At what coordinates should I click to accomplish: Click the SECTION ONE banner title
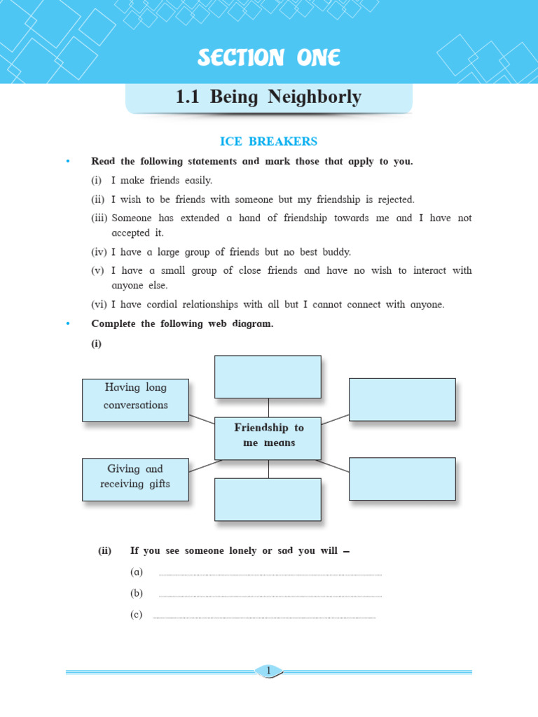pyautogui.click(x=268, y=59)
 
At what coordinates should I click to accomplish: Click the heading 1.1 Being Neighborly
pyautogui.click(x=268, y=97)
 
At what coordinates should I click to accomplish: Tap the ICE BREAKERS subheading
pyautogui.click(x=268, y=141)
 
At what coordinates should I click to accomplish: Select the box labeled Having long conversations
pyautogui.click(x=135, y=400)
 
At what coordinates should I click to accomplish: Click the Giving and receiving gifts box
pyautogui.click(x=135, y=480)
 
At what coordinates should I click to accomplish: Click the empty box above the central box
pyautogui.click(x=268, y=377)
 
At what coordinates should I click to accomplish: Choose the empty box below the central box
pyautogui.click(x=268, y=499)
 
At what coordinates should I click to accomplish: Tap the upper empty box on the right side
pyautogui.click(x=402, y=399)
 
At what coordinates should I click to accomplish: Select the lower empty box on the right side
pyautogui.click(x=402, y=479)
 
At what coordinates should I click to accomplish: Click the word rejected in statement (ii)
pyautogui.click(x=392, y=200)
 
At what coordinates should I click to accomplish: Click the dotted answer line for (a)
pyautogui.click(x=270, y=575)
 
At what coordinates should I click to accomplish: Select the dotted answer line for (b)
pyautogui.click(x=270, y=596)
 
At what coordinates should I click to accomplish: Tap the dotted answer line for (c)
pyautogui.click(x=264, y=618)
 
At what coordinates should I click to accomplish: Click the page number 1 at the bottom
pyautogui.click(x=268, y=671)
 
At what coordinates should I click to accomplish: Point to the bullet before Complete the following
pyautogui.click(x=68, y=324)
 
